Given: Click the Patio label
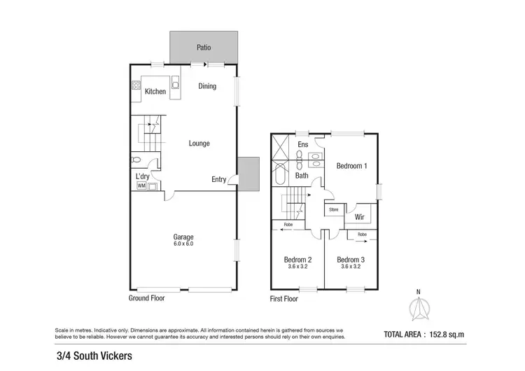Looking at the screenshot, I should pyautogui.click(x=203, y=48).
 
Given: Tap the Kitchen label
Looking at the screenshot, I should pyautogui.click(x=155, y=92).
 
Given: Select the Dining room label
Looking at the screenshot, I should pyautogui.click(x=207, y=87).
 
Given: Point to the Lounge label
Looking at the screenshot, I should pyautogui.click(x=199, y=143).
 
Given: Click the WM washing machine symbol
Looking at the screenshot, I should pyautogui.click(x=141, y=186).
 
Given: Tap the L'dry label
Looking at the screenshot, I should pyautogui.click(x=142, y=176).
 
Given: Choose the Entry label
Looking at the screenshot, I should pyautogui.click(x=219, y=179).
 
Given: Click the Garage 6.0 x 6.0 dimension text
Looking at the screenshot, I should pyautogui.click(x=183, y=244).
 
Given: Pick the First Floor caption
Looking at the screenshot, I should pyautogui.click(x=284, y=299).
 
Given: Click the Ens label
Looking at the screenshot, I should pyautogui.click(x=303, y=145).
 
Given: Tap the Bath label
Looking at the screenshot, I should pyautogui.click(x=301, y=176).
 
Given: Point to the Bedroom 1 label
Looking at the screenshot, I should pyautogui.click(x=351, y=166).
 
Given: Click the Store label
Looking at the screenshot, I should pyautogui.click(x=333, y=209).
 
